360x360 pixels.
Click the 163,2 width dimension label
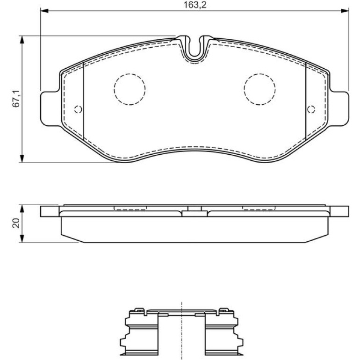click(x=194, y=5)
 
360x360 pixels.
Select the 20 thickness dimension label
click(x=16, y=223)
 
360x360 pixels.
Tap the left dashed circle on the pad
click(x=130, y=89)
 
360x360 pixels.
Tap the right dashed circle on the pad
click(x=259, y=89)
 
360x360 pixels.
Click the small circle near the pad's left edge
click(x=78, y=109)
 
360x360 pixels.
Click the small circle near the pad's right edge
click(x=311, y=109)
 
